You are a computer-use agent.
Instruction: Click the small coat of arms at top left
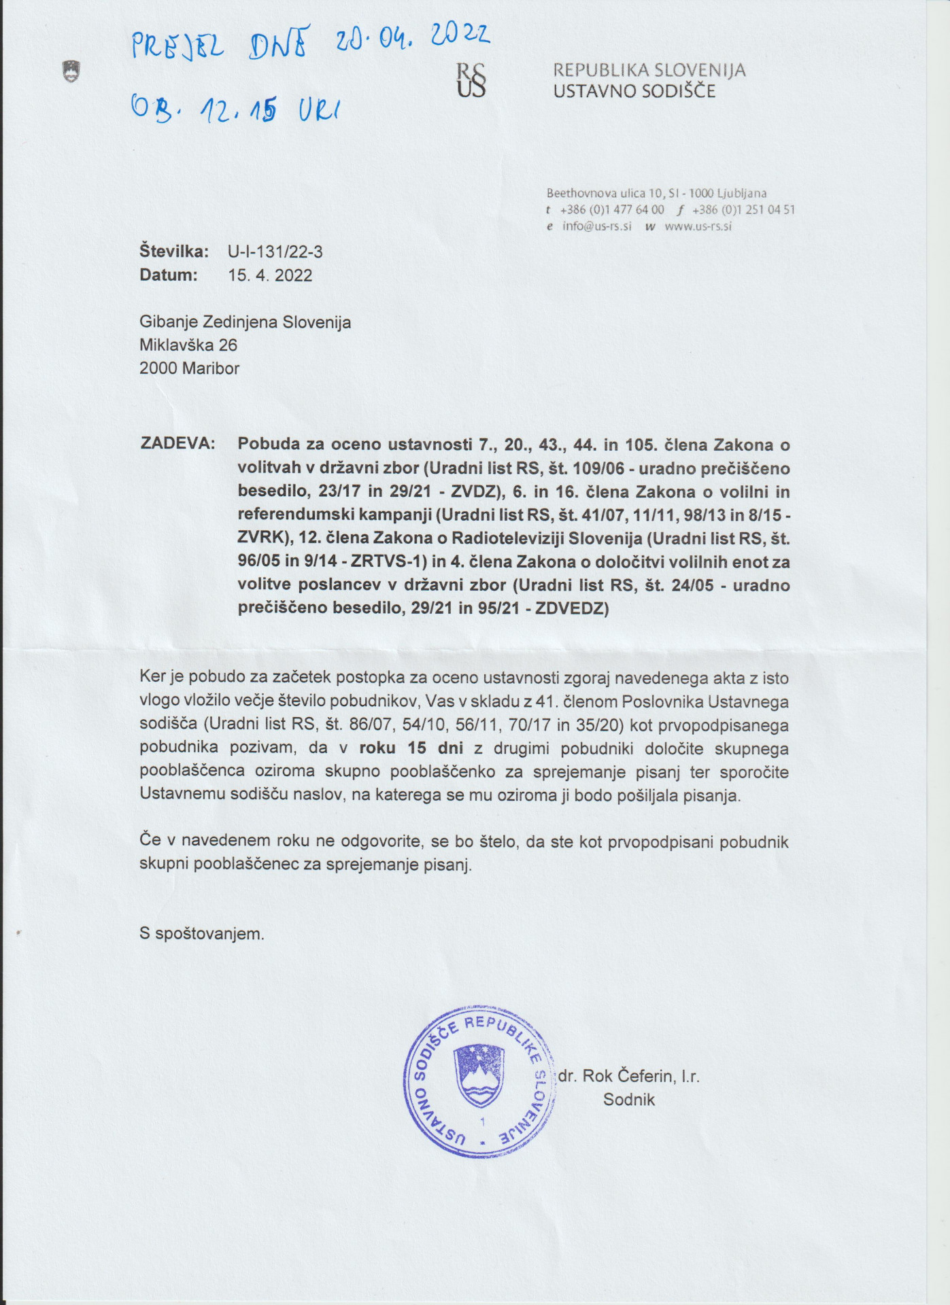71,71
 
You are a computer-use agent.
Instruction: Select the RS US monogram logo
471,80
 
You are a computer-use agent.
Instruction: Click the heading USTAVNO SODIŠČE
634,91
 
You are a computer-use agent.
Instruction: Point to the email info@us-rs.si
596,226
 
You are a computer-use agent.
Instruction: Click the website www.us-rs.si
698,226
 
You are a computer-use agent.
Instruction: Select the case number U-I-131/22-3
275,252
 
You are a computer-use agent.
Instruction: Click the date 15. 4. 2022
270,275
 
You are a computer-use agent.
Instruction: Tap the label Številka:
174,252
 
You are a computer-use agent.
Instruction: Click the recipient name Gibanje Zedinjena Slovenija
245,322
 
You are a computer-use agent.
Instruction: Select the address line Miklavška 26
188,345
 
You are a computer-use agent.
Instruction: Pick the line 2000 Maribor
189,368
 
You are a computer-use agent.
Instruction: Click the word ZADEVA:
177,444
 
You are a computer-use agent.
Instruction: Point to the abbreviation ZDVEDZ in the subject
570,608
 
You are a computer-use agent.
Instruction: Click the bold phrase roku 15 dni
411,748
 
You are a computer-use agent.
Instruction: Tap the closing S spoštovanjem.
201,934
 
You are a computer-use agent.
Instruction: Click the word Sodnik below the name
628,1100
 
